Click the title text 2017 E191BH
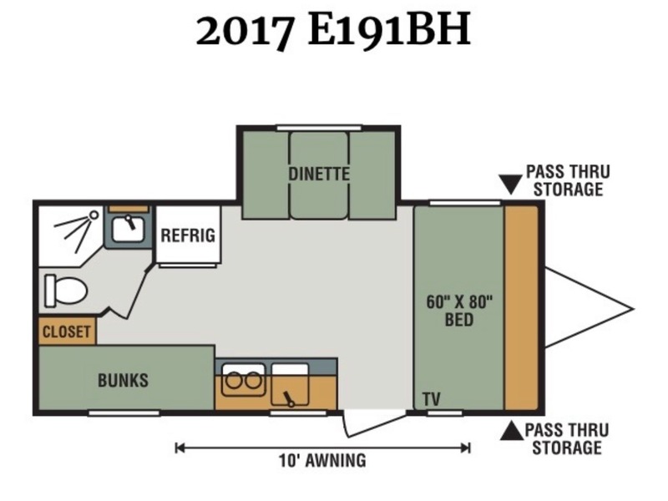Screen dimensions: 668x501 click(333, 29)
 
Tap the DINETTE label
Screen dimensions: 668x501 click(319, 174)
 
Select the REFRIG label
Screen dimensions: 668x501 click(188, 235)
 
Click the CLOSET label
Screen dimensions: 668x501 click(67, 331)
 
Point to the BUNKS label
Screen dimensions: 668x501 click(123, 380)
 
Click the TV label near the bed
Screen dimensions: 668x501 click(432, 400)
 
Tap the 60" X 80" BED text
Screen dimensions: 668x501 click(459, 311)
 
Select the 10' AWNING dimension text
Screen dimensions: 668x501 click(322, 461)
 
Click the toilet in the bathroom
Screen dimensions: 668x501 click(66, 291)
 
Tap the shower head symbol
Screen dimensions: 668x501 click(94, 215)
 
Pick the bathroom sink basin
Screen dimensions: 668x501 click(129, 229)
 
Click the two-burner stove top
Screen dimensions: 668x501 click(243, 380)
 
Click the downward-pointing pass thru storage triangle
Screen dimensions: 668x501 click(511, 184)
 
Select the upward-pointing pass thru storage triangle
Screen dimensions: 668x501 click(512, 431)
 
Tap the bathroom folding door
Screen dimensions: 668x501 click(128, 294)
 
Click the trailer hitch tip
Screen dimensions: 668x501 click(634, 309)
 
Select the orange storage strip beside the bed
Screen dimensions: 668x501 click(521, 307)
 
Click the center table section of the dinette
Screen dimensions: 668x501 click(319, 175)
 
